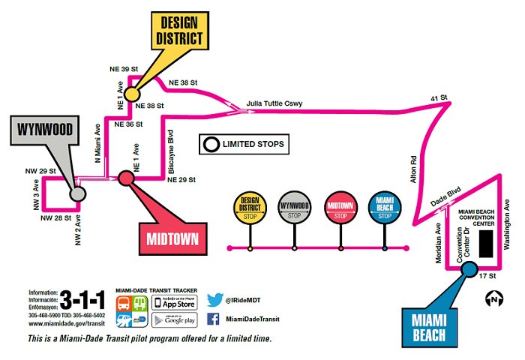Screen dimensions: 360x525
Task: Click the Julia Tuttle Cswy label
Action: [x=273, y=104]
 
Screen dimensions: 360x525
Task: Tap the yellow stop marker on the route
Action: [x=132, y=94]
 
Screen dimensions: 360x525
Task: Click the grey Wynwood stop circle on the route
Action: [x=76, y=194]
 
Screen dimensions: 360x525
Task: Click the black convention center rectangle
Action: [x=486, y=243]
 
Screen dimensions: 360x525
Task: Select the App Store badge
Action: [x=174, y=302]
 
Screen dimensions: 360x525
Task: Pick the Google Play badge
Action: [x=174, y=320]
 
